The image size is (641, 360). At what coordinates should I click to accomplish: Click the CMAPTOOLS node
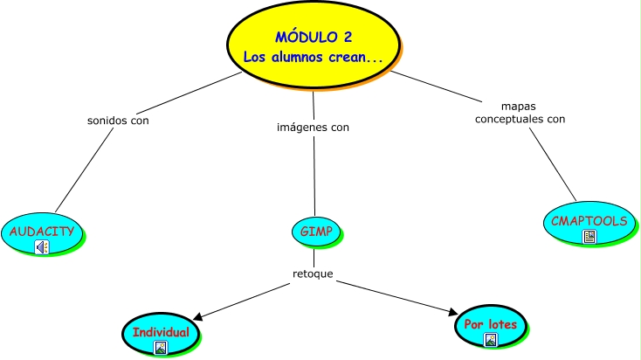[589, 220]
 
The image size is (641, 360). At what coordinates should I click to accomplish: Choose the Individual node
[160, 332]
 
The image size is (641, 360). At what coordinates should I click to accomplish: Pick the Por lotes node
[490, 324]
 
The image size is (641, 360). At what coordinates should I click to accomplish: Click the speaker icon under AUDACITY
[42, 247]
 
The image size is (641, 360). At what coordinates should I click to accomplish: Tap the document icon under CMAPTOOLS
[589, 236]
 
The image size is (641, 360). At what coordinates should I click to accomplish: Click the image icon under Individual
[160, 348]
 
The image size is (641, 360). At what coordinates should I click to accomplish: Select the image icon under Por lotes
[490, 340]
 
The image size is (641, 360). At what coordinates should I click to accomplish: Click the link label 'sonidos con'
[118, 121]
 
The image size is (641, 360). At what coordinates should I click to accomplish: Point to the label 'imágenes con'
[313, 127]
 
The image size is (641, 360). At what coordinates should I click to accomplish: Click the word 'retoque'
[313, 274]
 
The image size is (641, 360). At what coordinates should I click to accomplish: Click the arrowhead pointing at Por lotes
[451, 312]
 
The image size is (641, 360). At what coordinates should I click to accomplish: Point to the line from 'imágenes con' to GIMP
[314, 175]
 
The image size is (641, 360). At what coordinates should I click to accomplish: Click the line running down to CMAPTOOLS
[555, 166]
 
